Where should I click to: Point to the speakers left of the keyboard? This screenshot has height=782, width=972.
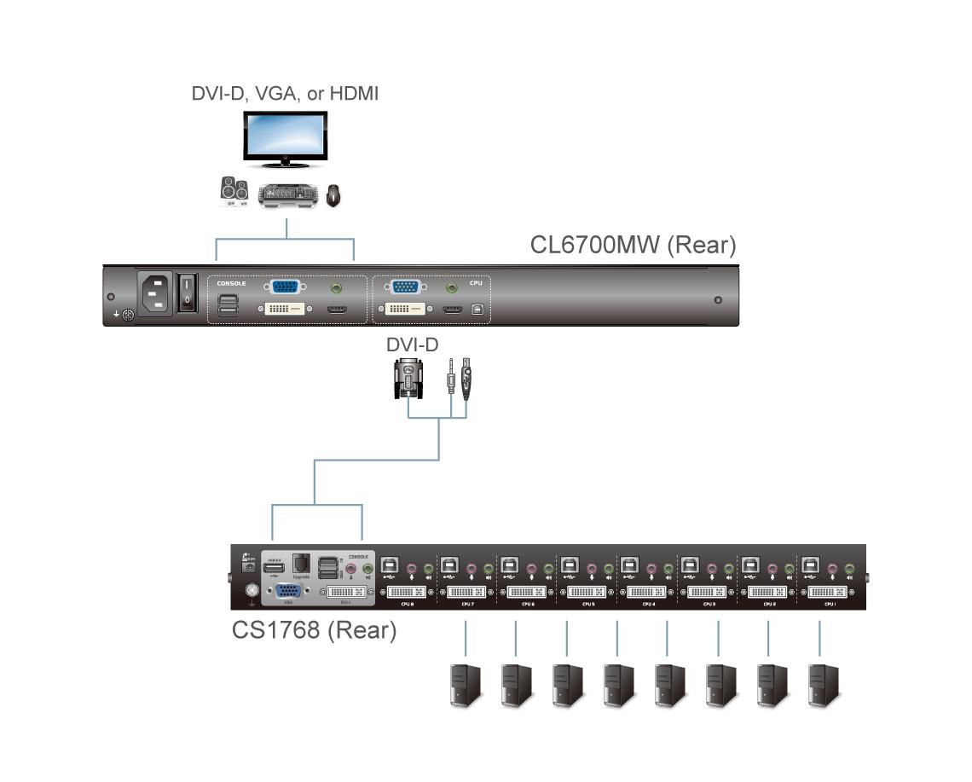point(234,190)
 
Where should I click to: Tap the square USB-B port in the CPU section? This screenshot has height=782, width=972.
point(477,309)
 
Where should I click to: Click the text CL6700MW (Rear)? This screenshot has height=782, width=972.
point(633,245)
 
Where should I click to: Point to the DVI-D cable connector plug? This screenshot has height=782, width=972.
point(408,379)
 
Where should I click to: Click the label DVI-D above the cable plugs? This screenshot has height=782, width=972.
point(413,345)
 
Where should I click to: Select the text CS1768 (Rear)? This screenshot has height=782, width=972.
point(314,630)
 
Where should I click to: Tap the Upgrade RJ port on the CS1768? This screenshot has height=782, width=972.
point(300,564)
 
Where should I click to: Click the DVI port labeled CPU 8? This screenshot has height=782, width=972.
point(407,591)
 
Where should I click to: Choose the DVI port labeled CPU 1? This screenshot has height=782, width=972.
point(829,591)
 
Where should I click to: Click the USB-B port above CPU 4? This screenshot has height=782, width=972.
point(630,565)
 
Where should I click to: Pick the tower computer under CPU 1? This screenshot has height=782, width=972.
point(823,685)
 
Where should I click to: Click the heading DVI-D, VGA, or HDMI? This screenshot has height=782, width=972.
point(285,93)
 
